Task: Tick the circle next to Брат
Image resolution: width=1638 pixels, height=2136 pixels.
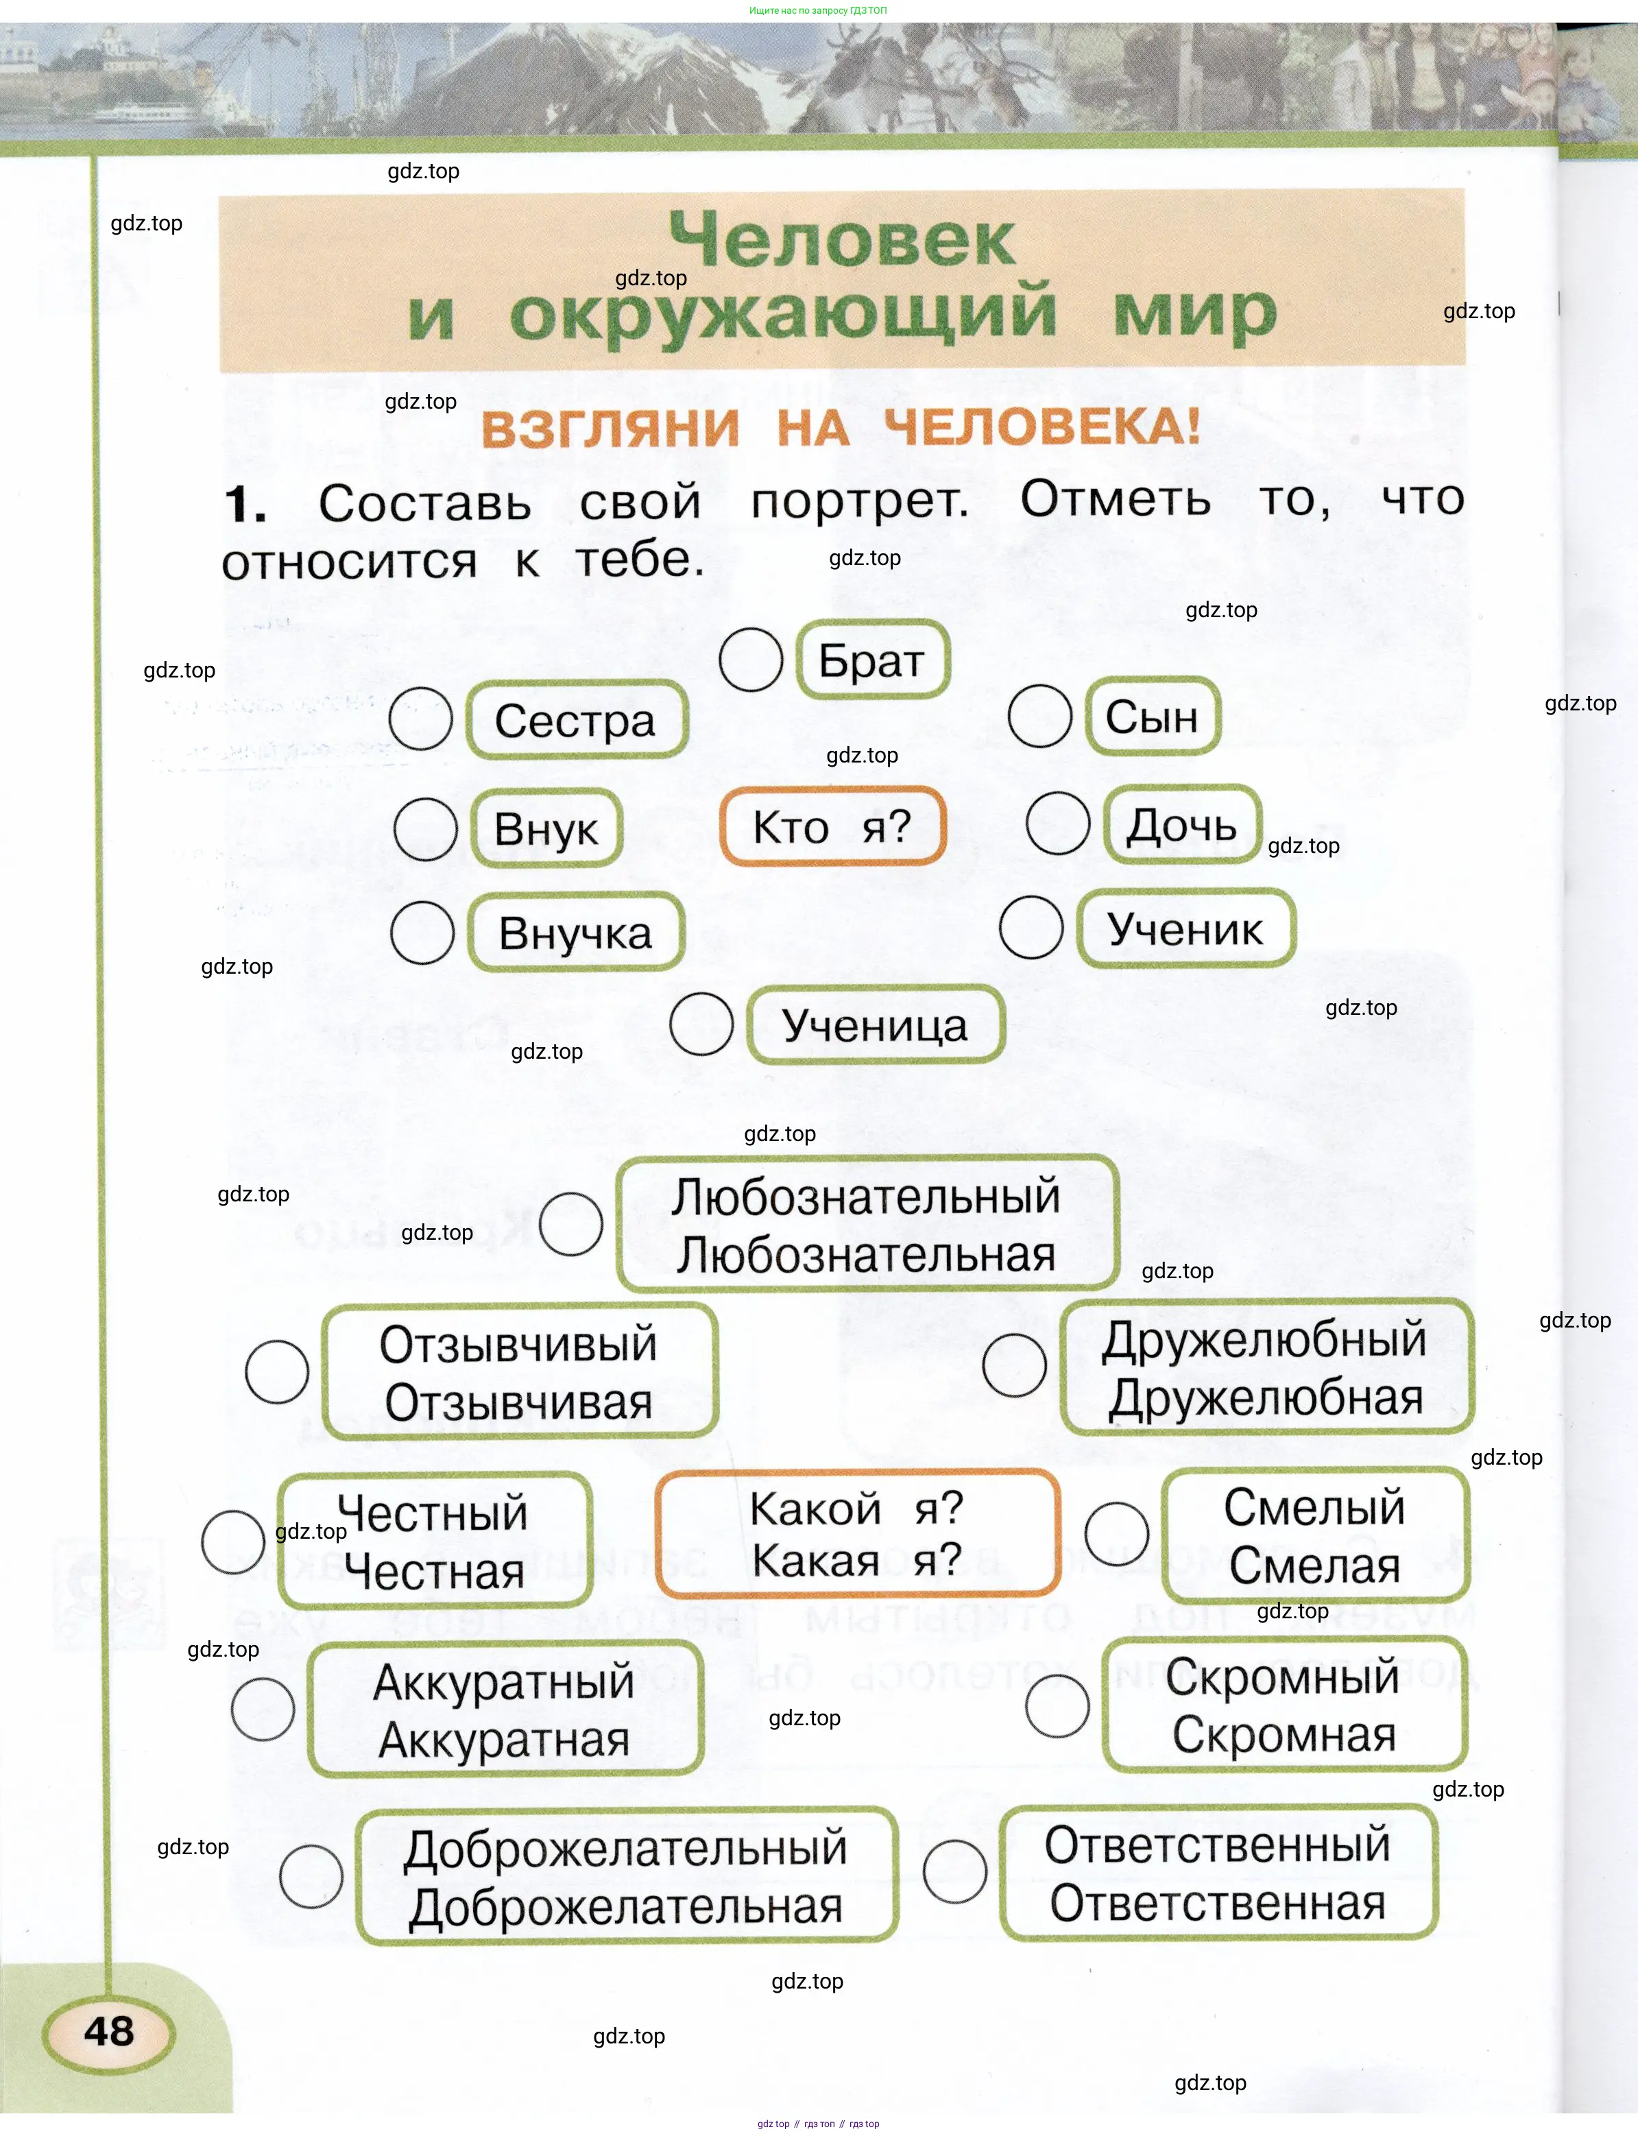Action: pyautogui.click(x=751, y=660)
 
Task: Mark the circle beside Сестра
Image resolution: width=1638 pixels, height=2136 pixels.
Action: pyautogui.click(x=420, y=719)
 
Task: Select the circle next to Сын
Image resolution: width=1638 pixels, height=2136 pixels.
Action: pyautogui.click(x=1039, y=716)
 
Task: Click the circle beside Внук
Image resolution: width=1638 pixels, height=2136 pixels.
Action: pyautogui.click(x=425, y=828)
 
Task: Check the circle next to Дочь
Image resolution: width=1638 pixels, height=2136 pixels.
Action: pyautogui.click(x=1058, y=823)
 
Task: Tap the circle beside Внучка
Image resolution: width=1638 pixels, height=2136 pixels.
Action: pyautogui.click(x=422, y=932)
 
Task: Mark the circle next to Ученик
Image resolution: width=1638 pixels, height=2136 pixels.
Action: pyautogui.click(x=1031, y=927)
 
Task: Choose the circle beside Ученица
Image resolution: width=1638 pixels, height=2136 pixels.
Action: pyautogui.click(x=701, y=1024)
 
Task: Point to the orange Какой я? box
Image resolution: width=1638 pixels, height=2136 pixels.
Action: pyautogui.click(x=857, y=1533)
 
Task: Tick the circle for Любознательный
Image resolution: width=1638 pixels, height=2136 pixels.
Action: pyautogui.click(x=570, y=1223)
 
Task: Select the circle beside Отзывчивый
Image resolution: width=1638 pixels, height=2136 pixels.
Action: pyautogui.click(x=277, y=1371)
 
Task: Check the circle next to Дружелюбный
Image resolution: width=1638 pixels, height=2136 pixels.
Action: pyautogui.click(x=1014, y=1365)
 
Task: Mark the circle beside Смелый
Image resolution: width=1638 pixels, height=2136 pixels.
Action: pyautogui.click(x=1116, y=1533)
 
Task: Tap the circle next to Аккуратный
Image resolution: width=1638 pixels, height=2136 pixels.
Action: pyautogui.click(x=263, y=1709)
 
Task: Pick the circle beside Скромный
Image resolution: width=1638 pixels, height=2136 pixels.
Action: pyautogui.click(x=1057, y=1706)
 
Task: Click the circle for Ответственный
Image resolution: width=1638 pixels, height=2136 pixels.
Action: pyautogui.click(x=954, y=1872)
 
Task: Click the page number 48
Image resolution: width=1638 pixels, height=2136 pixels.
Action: pyautogui.click(x=108, y=2030)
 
